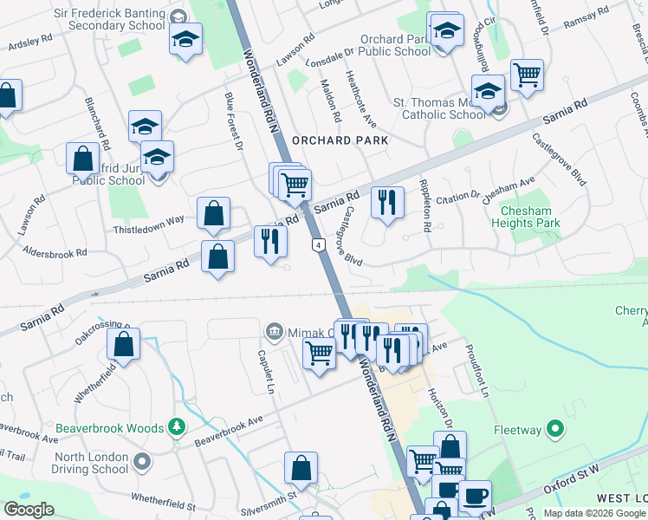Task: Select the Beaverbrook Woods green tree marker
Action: [177, 427]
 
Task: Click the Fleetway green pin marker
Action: [556, 429]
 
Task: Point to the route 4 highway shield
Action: [320, 245]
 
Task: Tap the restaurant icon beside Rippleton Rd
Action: [387, 203]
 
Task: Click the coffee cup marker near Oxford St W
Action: [474, 497]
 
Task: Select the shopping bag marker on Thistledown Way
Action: [213, 213]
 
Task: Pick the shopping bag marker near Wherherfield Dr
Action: [124, 344]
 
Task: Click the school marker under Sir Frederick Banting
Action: [185, 40]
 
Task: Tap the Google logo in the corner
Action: [29, 510]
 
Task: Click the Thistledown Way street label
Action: [148, 220]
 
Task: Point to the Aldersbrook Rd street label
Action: [56, 253]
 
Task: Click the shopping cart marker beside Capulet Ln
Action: [319, 354]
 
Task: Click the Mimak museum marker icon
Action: [275, 332]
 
